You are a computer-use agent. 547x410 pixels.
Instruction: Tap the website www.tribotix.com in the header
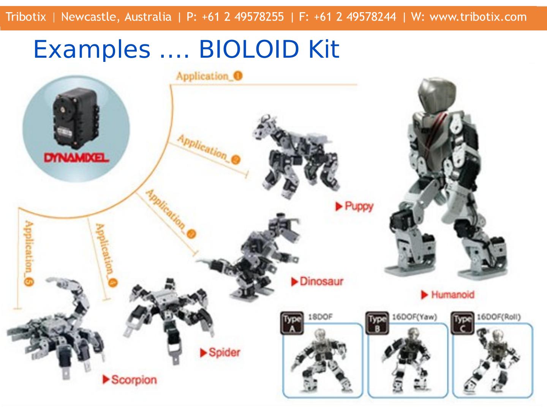coord(478,17)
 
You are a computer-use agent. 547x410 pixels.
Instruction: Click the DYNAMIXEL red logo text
coord(76,158)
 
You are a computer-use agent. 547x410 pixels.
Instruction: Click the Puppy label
coord(359,207)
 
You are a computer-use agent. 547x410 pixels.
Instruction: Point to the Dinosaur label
coord(321,282)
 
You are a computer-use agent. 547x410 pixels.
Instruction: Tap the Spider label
coord(224,353)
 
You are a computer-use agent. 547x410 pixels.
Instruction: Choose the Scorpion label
coord(133,380)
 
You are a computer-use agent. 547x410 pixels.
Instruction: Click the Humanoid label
coord(452,295)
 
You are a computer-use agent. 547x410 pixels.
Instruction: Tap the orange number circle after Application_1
coord(238,76)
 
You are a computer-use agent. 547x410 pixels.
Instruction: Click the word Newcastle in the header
coord(90,17)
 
